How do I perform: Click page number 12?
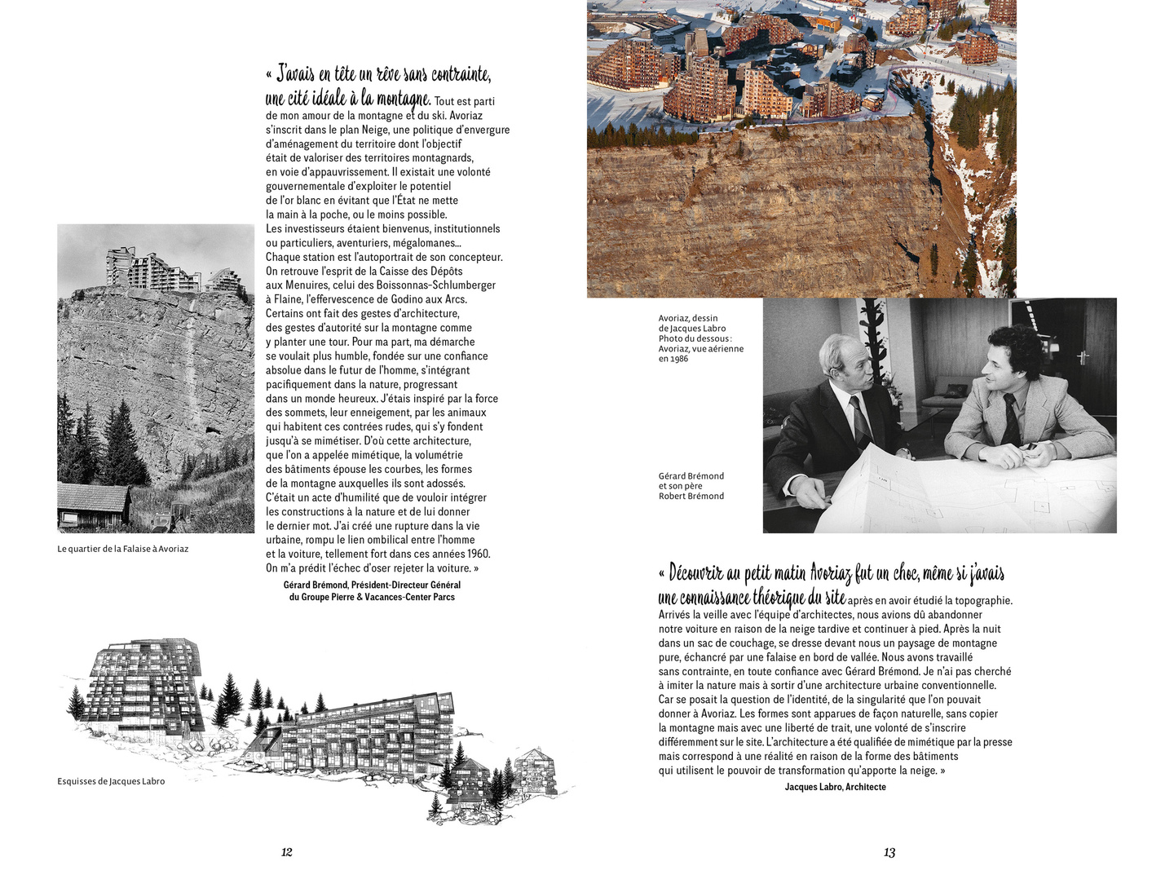pyautogui.click(x=286, y=852)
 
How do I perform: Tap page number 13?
pyautogui.click(x=889, y=852)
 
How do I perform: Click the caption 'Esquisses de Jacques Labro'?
pyautogui.click(x=111, y=781)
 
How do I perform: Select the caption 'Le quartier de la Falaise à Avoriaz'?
pyautogui.click(x=122, y=549)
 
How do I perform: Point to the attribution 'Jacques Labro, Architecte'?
pyautogui.click(x=835, y=787)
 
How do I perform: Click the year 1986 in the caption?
pyautogui.click(x=678, y=359)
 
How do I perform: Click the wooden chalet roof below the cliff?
pyautogui.click(x=91, y=494)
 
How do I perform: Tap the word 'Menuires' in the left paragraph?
pyautogui.click(x=307, y=285)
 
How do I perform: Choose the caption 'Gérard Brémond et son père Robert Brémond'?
pyautogui.click(x=691, y=486)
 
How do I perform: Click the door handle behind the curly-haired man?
pyautogui.click(x=1084, y=356)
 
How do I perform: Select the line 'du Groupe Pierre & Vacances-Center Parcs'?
pyautogui.click(x=372, y=598)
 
